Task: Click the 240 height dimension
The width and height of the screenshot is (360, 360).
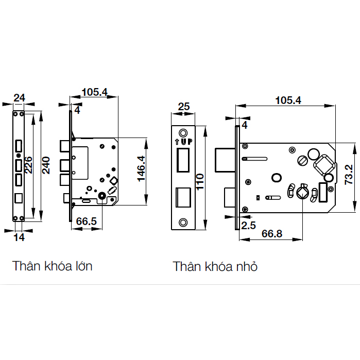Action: click(x=46, y=165)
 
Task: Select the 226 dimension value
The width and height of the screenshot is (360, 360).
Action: click(x=28, y=165)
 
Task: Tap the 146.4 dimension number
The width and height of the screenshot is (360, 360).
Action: click(x=141, y=169)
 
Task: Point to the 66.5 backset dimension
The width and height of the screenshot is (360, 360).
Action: click(x=87, y=221)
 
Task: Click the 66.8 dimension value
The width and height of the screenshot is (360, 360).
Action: click(x=272, y=234)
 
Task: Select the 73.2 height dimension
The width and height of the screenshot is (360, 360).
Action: click(x=349, y=175)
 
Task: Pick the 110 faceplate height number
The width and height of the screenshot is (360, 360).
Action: click(x=200, y=182)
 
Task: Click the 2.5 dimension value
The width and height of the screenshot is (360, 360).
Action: click(x=248, y=226)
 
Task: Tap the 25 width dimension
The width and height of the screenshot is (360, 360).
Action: click(x=184, y=107)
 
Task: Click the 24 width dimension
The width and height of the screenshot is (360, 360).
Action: click(x=19, y=98)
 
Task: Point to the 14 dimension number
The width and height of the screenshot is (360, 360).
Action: click(x=19, y=237)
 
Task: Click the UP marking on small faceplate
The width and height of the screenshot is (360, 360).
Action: click(x=183, y=142)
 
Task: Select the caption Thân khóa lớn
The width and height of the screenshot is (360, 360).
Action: click(x=53, y=266)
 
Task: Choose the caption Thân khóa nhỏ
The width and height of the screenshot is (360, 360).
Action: click(x=215, y=267)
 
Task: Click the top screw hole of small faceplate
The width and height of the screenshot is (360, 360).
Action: click(x=183, y=133)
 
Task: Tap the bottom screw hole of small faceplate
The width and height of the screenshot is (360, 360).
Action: click(x=183, y=222)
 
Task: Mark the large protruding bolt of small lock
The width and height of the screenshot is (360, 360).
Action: click(x=225, y=160)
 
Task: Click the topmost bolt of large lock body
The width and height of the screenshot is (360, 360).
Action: click(x=65, y=146)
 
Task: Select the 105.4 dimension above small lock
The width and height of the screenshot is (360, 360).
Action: click(x=288, y=100)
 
